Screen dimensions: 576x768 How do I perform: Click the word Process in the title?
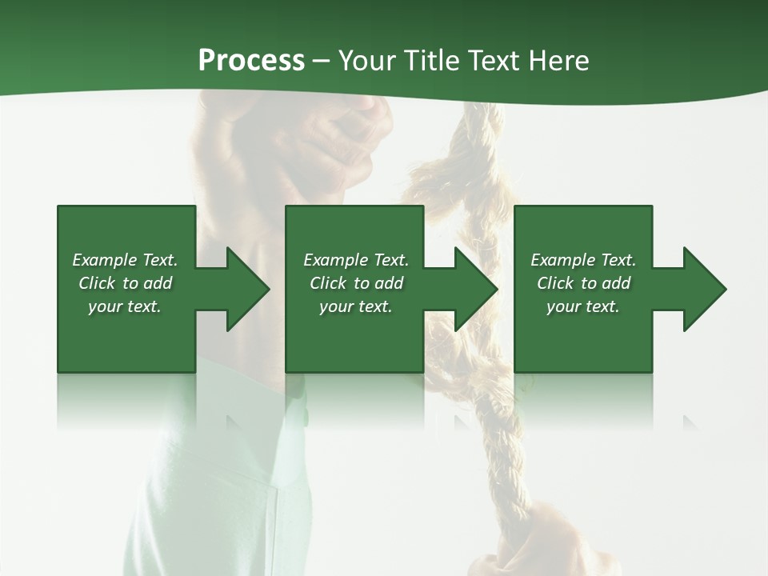(x=251, y=61)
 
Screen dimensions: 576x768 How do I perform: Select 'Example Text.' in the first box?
(x=126, y=260)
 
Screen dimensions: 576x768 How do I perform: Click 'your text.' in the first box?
(x=125, y=306)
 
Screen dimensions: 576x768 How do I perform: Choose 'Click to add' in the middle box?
(x=356, y=283)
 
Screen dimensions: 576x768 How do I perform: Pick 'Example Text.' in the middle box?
(x=356, y=260)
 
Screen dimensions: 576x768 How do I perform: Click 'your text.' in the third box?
(x=583, y=306)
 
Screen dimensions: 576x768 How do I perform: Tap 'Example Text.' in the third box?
(x=583, y=260)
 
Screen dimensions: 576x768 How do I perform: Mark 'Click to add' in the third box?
(x=583, y=283)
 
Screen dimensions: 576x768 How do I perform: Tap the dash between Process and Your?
(x=321, y=62)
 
